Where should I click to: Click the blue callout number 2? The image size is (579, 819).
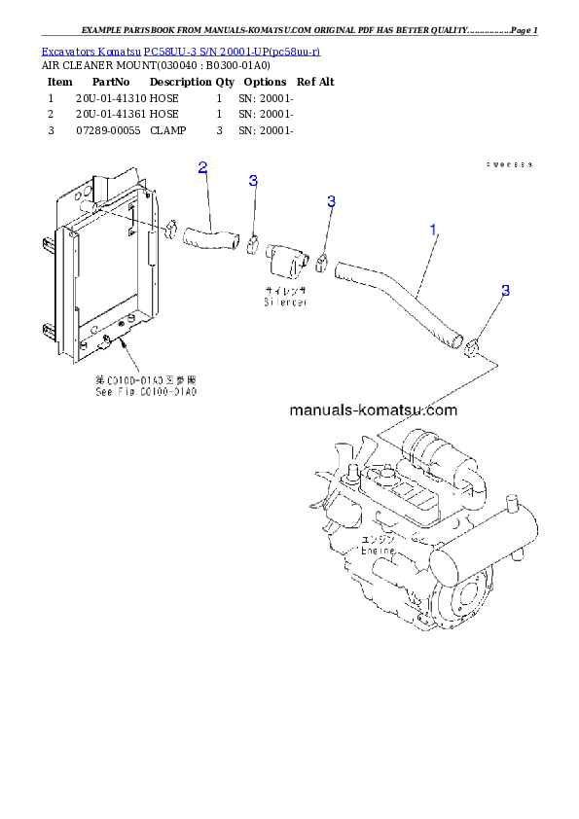click(x=202, y=167)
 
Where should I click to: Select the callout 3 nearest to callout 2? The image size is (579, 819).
click(x=253, y=181)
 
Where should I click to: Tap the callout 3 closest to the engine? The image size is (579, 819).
click(x=505, y=291)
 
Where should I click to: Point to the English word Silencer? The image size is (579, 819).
click(x=285, y=303)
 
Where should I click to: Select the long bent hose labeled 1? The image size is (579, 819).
click(x=399, y=297)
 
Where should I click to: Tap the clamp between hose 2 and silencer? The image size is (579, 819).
click(x=252, y=244)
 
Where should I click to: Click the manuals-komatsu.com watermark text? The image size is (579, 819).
click(x=373, y=409)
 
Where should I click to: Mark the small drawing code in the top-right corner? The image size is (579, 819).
click(x=508, y=164)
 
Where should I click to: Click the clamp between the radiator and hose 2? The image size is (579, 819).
click(x=167, y=230)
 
